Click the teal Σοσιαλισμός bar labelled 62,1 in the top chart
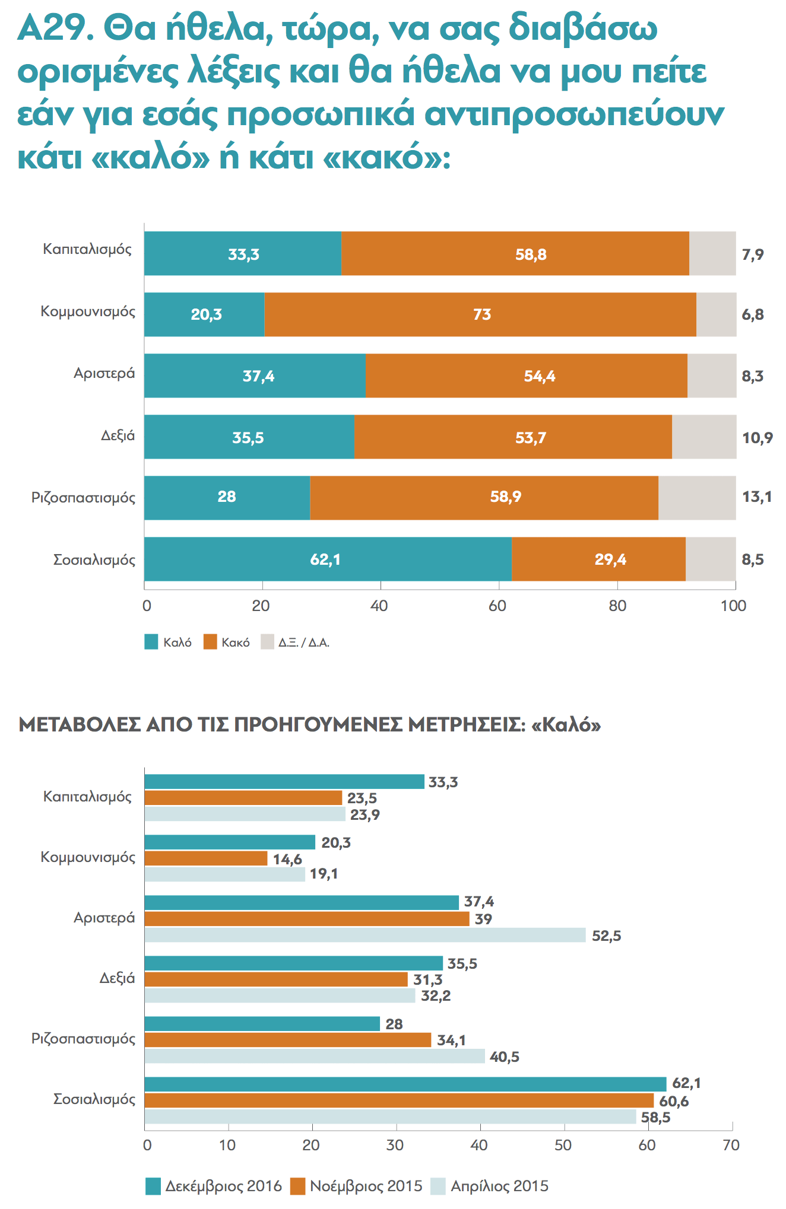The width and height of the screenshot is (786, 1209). pos(328,559)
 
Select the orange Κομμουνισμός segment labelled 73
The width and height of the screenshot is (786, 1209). pos(480,314)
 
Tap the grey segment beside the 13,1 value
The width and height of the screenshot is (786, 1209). pos(697,498)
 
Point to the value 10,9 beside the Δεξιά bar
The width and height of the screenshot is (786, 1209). pos(758,438)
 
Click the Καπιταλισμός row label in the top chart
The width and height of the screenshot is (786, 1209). pos(87,249)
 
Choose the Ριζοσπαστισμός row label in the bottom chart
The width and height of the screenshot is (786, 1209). pos(83,1039)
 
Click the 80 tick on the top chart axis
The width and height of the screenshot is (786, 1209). pos(617,606)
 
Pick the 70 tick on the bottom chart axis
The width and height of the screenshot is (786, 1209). pos(731,1145)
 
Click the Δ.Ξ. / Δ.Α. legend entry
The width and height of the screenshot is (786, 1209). pos(295,642)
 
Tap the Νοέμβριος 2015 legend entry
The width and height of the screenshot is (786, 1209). pos(356,1186)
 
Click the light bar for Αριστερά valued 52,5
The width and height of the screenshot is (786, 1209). pos(365,935)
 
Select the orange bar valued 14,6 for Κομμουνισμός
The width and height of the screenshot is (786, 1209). pos(206,858)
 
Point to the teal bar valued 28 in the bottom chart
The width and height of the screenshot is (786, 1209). pos(262,1023)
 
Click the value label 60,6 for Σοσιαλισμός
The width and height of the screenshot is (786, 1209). pos(674,1101)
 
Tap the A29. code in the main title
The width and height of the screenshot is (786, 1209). pos(55,28)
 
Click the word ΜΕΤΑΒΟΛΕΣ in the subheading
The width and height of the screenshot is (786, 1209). pos(80,725)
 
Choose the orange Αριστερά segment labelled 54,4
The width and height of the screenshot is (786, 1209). pos(526,376)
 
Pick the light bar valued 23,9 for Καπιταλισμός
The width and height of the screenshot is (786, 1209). pos(245,814)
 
